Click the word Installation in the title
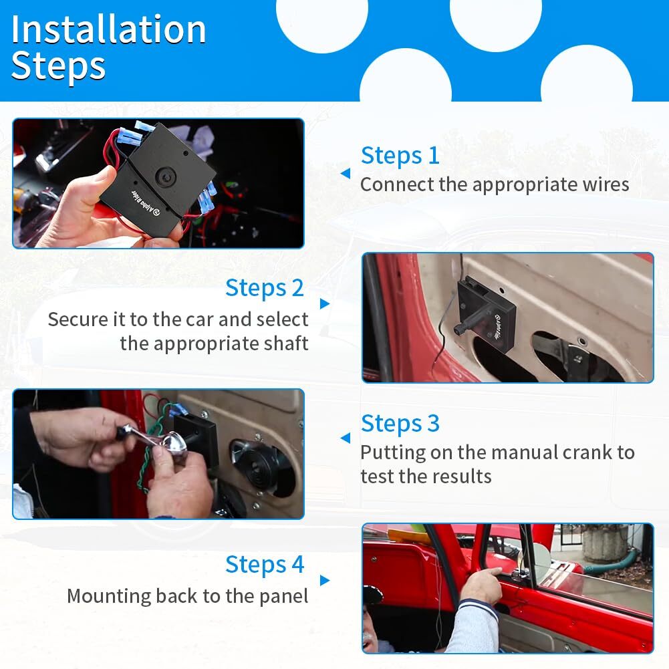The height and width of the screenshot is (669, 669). (109, 29)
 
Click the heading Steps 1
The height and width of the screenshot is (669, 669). (400, 156)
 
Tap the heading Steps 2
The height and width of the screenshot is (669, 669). (265, 288)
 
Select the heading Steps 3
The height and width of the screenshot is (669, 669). (400, 424)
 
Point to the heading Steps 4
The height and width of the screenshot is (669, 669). (265, 565)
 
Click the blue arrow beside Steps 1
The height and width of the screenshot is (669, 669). (346, 173)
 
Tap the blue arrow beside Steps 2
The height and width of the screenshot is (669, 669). (325, 304)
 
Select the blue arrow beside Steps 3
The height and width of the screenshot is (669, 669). (346, 438)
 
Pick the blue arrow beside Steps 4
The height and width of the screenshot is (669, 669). (325, 580)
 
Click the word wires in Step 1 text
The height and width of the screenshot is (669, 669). (606, 184)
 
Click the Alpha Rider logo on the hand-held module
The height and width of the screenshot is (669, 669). (145, 201)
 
